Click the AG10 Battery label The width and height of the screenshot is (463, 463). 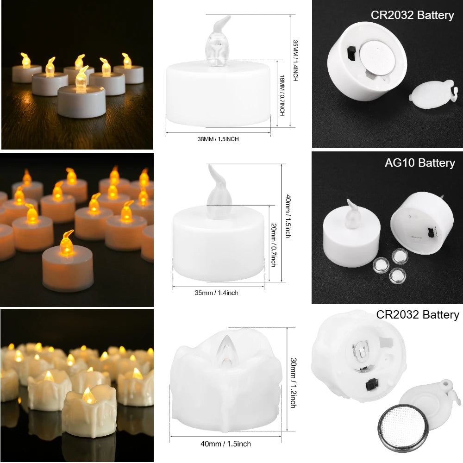(419, 163)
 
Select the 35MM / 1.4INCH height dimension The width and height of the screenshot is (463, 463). (295, 60)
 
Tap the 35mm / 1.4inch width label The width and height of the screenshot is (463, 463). (217, 293)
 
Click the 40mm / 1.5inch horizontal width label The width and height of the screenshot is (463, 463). (226, 444)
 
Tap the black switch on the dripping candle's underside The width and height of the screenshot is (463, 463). (370, 384)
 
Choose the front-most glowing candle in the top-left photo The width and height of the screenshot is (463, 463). (81, 95)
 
